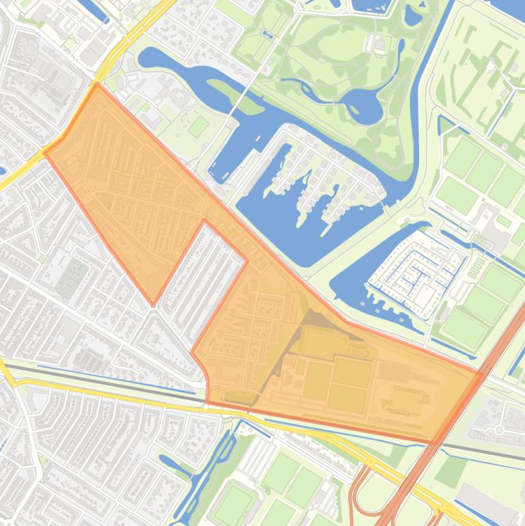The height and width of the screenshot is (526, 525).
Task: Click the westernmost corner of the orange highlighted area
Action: (x=45, y=153)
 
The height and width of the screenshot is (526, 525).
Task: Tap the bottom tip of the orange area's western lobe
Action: (x=153, y=305)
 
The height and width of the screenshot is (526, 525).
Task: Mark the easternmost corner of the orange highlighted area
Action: (x=483, y=374)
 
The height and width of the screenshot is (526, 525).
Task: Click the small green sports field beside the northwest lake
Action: (x=198, y=126)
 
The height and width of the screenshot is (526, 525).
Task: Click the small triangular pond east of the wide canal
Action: (x=444, y=125)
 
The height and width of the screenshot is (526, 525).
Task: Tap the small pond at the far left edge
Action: (x=2, y=170)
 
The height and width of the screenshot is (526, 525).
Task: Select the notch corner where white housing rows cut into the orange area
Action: (x=205, y=221)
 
